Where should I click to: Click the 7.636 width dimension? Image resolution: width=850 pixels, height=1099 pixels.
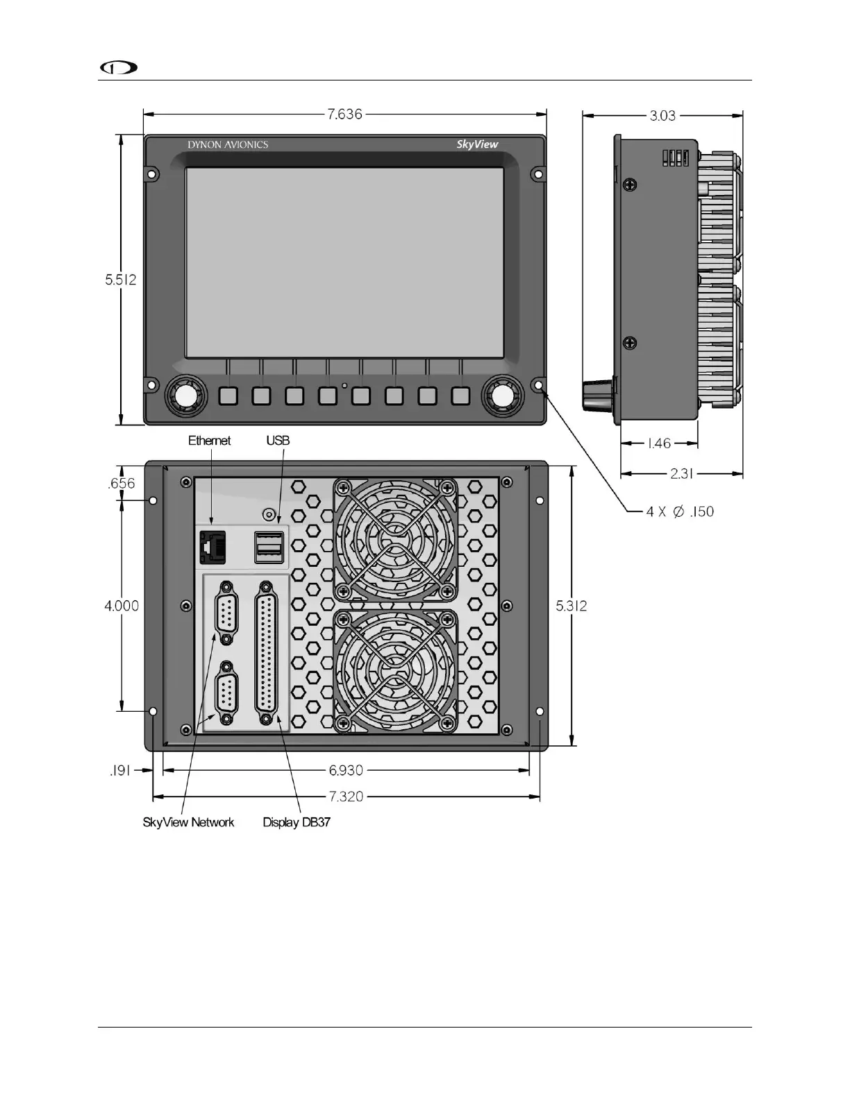(x=344, y=114)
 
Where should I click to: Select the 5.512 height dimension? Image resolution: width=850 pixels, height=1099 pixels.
(x=121, y=280)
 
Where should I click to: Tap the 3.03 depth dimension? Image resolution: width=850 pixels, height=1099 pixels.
(x=662, y=115)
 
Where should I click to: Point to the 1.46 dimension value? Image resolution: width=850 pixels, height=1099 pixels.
(x=659, y=443)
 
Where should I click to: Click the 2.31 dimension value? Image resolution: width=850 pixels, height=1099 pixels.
(x=681, y=473)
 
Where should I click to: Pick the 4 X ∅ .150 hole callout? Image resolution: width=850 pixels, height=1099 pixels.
(x=680, y=511)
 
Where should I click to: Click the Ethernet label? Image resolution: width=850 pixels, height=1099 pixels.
(x=209, y=441)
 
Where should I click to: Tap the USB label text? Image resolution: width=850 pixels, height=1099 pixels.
(x=278, y=441)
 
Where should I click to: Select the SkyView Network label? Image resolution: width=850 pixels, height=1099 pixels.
(x=188, y=822)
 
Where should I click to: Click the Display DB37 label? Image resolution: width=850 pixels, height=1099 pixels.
(x=297, y=822)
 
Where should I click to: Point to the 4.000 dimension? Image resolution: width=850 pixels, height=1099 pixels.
(x=122, y=606)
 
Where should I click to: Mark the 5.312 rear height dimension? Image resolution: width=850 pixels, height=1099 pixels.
(x=572, y=606)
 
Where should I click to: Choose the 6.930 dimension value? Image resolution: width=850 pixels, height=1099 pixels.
(x=346, y=769)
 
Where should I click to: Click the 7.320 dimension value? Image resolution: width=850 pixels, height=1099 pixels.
(x=346, y=796)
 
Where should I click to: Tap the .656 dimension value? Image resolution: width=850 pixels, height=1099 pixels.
(x=122, y=484)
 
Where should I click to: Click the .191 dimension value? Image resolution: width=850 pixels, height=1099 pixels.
(x=120, y=770)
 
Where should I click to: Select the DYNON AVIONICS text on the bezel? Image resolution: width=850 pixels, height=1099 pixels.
(x=228, y=145)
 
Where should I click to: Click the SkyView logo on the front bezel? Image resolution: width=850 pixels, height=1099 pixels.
(x=477, y=145)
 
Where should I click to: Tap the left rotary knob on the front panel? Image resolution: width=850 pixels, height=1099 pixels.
(x=185, y=396)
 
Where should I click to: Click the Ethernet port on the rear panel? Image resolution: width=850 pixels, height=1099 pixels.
(x=212, y=546)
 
